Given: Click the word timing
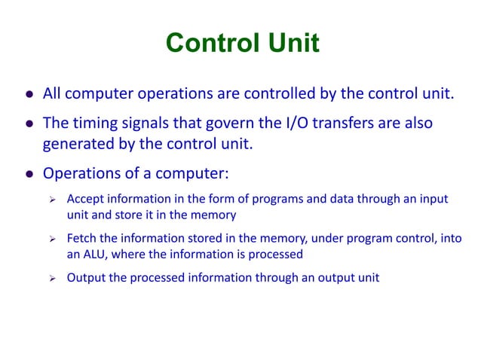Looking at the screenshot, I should pyautogui.click(x=91, y=123).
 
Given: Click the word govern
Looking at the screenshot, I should pyautogui.click(x=231, y=123).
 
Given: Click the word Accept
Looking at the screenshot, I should pyautogui.click(x=85, y=199).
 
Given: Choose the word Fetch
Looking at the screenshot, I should pyautogui.click(x=82, y=239).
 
